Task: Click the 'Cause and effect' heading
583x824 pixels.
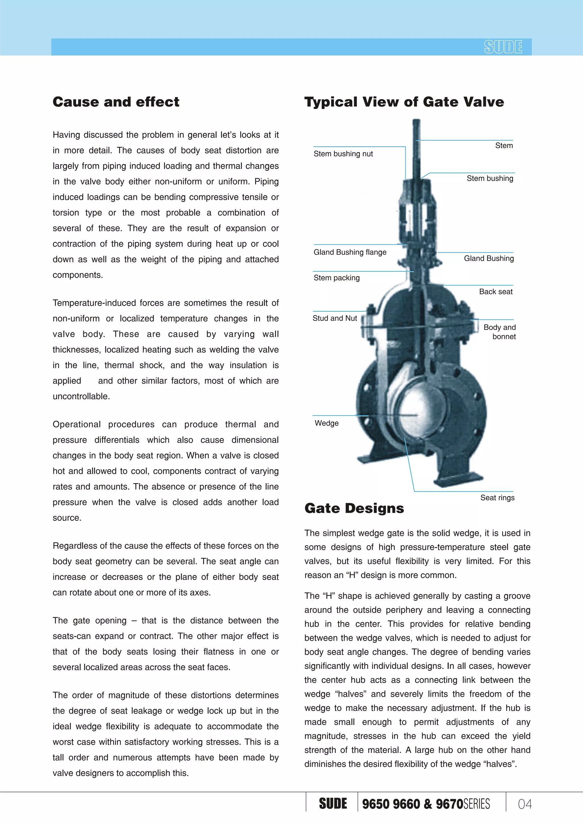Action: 116,102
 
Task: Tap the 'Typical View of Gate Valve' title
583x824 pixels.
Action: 404,102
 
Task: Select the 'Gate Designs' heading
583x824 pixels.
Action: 354,508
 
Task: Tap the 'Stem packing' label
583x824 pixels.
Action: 336,277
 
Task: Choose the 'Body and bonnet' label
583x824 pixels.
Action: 499,331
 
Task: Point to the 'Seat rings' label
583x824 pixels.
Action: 497,497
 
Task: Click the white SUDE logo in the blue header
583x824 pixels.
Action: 503,47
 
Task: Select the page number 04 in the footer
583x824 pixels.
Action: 524,804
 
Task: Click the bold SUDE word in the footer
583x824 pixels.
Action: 333,804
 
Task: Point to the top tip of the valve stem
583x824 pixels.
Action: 416,121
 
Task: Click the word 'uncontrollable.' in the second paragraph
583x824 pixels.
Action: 81,396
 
